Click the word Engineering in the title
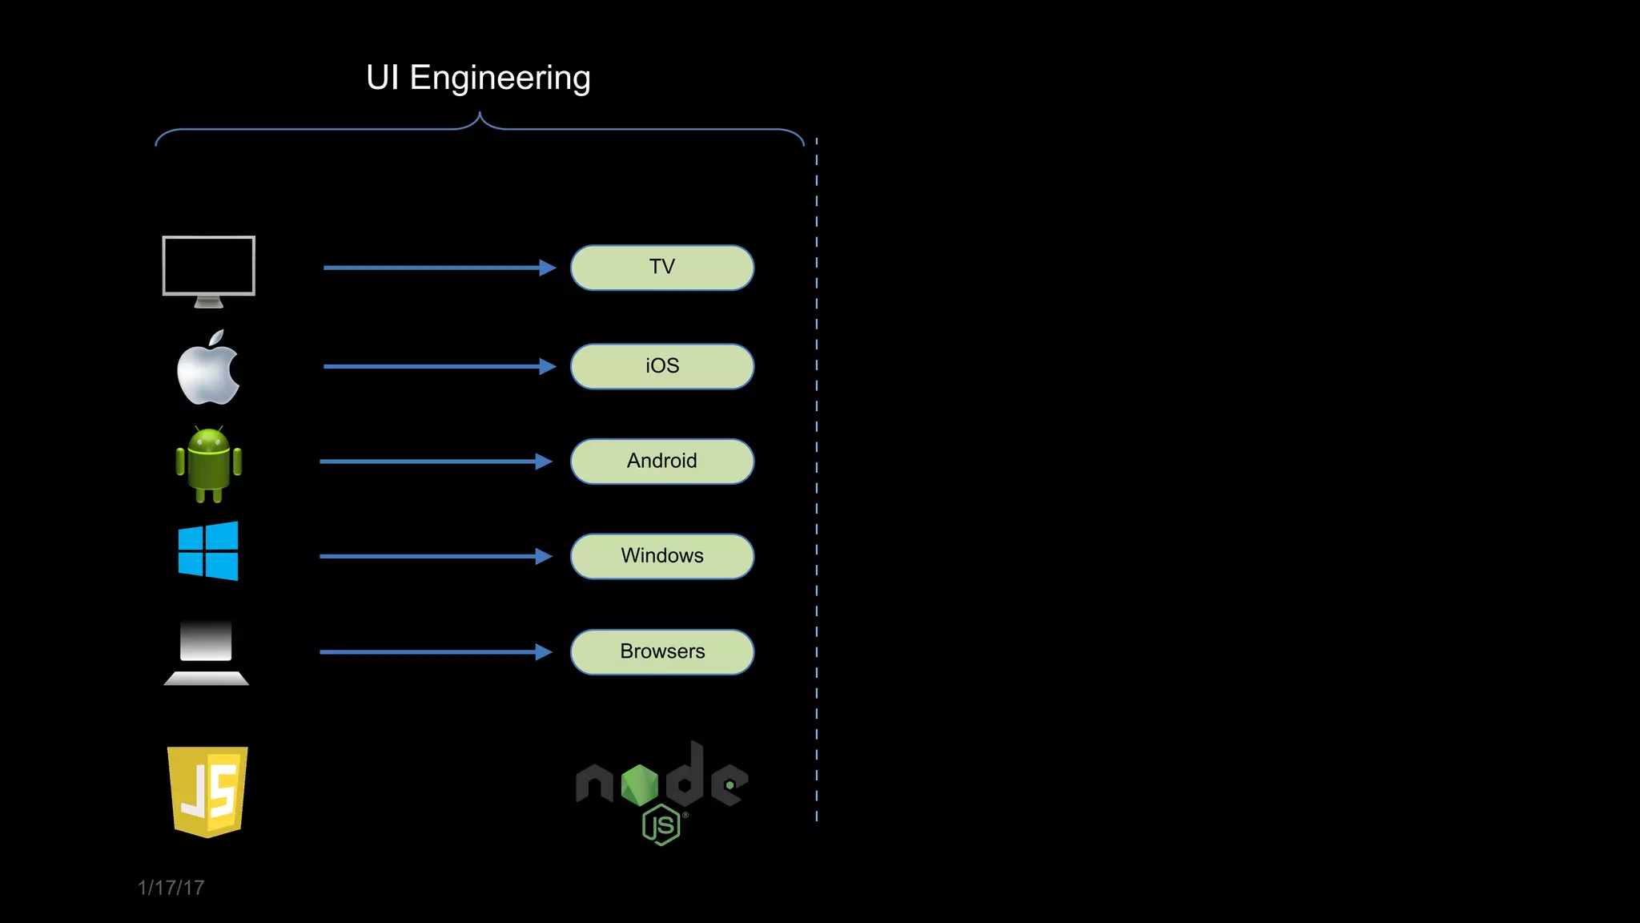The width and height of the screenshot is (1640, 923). tap(500, 79)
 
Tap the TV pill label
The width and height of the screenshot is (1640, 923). tap(662, 268)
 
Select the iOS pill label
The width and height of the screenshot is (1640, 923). tap(662, 366)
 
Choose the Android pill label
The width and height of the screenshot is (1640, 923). tap(662, 461)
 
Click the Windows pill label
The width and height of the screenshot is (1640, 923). tap(662, 556)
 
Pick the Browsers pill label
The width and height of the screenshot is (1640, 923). tap(662, 651)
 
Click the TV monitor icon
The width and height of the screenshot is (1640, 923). tap(208, 268)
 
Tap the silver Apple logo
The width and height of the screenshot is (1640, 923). tap(207, 371)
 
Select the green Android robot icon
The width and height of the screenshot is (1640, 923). tap(208, 465)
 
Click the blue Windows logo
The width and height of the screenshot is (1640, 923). tap(208, 551)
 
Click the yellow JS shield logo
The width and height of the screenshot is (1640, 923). tap(207, 792)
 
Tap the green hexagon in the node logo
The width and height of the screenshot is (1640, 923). tap(639, 784)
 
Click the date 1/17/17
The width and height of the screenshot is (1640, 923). tap(171, 888)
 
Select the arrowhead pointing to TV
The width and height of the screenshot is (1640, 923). tap(548, 268)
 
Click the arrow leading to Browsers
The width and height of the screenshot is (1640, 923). tap(432, 652)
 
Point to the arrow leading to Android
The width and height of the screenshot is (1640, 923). tap(432, 461)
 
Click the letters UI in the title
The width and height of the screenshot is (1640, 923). tap(382, 79)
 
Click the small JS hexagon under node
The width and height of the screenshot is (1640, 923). tap(661, 825)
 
